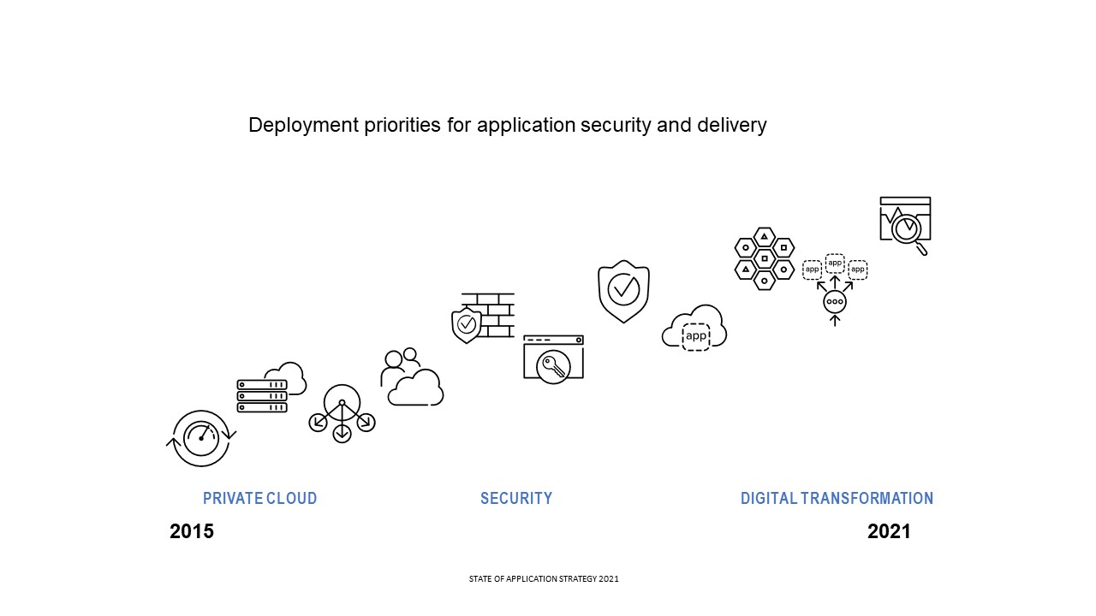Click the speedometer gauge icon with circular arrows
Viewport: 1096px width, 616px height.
click(x=201, y=437)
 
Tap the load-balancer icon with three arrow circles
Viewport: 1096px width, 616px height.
click(x=342, y=413)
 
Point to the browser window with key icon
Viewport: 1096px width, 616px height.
click(x=553, y=358)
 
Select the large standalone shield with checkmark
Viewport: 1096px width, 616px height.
click(x=623, y=291)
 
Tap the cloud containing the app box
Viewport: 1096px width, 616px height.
click(x=694, y=329)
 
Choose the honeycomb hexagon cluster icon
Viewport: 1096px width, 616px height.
click(x=765, y=258)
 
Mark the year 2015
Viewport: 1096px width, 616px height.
click(x=192, y=531)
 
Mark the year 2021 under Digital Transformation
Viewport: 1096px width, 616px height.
click(x=889, y=531)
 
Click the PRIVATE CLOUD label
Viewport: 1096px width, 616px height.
click(x=259, y=498)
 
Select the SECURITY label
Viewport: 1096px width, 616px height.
click(x=516, y=498)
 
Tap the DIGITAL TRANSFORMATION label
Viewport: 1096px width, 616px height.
click(x=837, y=498)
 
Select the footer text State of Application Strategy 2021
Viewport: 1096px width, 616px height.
click(x=544, y=579)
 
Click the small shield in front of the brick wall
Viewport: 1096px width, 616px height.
click(x=467, y=325)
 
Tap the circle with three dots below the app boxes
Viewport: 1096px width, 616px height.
click(x=835, y=302)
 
